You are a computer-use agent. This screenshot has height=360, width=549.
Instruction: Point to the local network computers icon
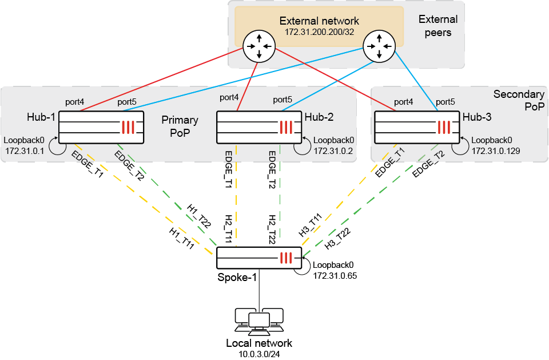click(x=259, y=322)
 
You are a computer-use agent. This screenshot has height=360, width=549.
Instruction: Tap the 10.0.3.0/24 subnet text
click(x=259, y=354)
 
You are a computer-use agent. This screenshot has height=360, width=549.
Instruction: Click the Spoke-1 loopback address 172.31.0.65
click(x=333, y=276)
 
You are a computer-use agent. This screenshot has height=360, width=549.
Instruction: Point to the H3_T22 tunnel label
click(x=337, y=238)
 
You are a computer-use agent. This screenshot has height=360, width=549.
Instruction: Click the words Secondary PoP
click(x=515, y=100)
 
